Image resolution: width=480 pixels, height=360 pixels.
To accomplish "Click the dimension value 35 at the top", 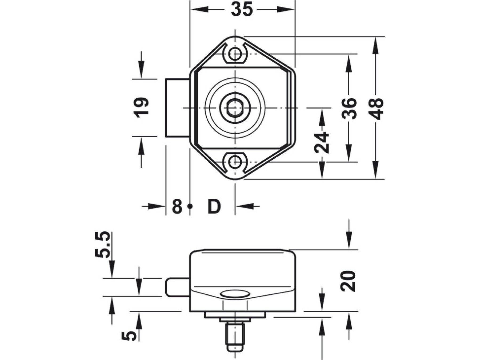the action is pyautogui.click(x=242, y=9).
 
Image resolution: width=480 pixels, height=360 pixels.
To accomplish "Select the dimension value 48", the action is pyautogui.click(x=376, y=109).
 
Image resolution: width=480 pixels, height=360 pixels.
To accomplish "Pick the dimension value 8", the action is pyautogui.click(x=177, y=206).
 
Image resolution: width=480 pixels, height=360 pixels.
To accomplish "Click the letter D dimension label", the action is pyautogui.click(x=214, y=206).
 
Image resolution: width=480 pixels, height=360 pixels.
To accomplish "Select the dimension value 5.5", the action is pyautogui.click(x=102, y=245).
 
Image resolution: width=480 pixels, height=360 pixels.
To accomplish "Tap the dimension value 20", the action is pyautogui.click(x=348, y=281).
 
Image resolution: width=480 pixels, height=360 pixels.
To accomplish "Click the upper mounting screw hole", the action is pyautogui.click(x=235, y=54).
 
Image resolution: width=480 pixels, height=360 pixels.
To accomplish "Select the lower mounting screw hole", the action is pyautogui.click(x=235, y=162).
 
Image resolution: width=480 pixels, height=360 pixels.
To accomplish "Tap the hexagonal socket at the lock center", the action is pyautogui.click(x=235, y=108).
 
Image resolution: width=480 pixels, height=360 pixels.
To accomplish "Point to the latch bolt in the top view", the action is pyautogui.click(x=178, y=108).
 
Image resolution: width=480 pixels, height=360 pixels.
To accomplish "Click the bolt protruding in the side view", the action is pyautogui.click(x=178, y=287).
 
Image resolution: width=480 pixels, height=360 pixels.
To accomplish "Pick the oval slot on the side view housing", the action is pyautogui.click(x=235, y=294).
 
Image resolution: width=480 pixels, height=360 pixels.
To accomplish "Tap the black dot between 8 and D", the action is pyautogui.click(x=190, y=206).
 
